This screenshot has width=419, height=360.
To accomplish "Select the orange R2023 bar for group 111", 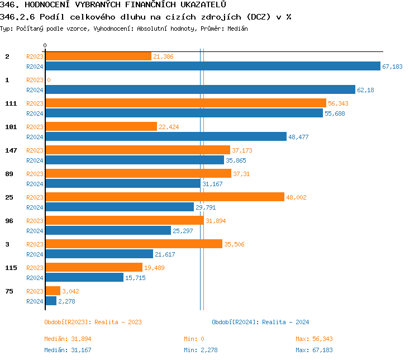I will click(x=185, y=103).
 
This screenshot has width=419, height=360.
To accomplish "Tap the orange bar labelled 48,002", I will click(x=164, y=197).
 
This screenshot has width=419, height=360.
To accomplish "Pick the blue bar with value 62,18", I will click(x=200, y=89).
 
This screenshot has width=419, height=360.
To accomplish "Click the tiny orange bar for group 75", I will click(x=53, y=291).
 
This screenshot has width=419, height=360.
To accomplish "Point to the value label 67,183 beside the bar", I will click(x=392, y=67).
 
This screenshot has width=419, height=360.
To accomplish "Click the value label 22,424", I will click(x=169, y=127).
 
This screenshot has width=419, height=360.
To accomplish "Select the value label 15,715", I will click(x=135, y=278).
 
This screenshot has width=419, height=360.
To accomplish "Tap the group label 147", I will click(x=11, y=150).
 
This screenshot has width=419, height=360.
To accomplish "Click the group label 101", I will click(x=11, y=127).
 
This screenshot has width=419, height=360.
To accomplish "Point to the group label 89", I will click(x=9, y=174).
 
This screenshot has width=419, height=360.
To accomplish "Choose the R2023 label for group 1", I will click(x=35, y=80).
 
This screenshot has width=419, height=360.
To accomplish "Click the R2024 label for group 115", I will click(x=35, y=278).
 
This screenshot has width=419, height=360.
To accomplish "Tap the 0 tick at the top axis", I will click(x=45, y=45).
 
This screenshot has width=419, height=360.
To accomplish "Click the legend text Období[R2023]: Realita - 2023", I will click(x=93, y=322).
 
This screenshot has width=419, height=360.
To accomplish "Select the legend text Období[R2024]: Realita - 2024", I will click(x=260, y=322).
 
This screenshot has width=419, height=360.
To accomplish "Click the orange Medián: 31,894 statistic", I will click(x=68, y=339).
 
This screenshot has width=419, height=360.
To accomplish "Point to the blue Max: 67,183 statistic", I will click(x=314, y=350).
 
